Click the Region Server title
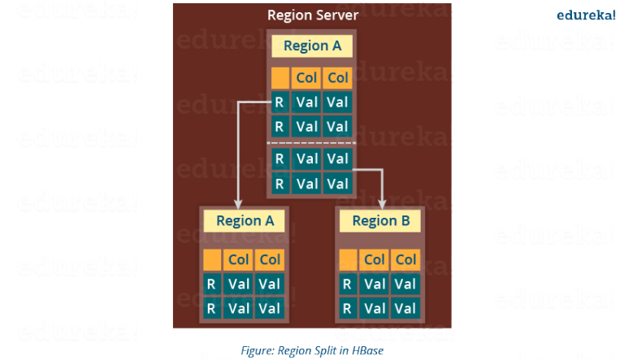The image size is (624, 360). [x=313, y=15]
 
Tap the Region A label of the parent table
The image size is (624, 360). [x=312, y=46]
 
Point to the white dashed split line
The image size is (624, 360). [x=312, y=143]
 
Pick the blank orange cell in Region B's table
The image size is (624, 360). [x=348, y=260]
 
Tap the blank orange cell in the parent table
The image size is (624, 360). [x=279, y=78]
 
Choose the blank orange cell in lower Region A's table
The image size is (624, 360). [x=212, y=260]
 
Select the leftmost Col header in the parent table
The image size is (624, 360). [x=306, y=78]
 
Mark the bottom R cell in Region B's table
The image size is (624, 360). [x=348, y=308]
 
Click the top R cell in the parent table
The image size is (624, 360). [x=279, y=102]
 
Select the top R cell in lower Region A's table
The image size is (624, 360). [x=212, y=284]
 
